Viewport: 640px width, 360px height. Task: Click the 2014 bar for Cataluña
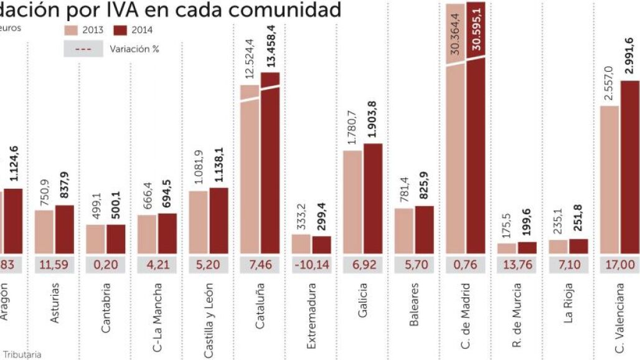point(270,162)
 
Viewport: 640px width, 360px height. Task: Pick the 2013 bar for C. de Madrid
point(457,156)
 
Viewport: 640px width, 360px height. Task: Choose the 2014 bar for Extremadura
point(321,245)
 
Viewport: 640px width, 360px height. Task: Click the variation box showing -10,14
point(311,264)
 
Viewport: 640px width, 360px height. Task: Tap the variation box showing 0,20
point(105,264)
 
